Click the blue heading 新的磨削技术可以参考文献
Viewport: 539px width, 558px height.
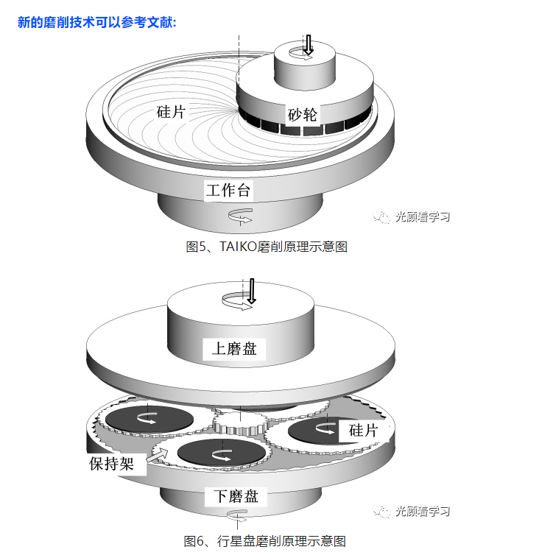(x=97, y=22)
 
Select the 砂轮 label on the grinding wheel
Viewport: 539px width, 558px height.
(x=302, y=113)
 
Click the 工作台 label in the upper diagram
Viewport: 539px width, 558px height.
(x=228, y=191)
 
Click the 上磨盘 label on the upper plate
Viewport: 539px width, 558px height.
(x=234, y=348)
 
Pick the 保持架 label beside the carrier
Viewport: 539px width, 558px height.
(x=111, y=464)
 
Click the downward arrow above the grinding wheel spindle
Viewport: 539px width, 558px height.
(x=309, y=45)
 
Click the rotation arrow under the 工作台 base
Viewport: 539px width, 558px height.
(x=240, y=216)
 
